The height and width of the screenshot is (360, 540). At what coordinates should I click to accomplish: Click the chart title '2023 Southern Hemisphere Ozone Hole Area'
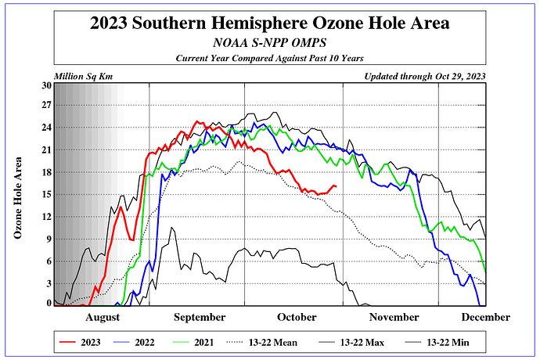(x=269, y=23)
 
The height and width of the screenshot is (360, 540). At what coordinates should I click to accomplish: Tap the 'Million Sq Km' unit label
(x=81, y=76)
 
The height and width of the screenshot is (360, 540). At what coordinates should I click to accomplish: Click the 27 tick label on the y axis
(x=45, y=105)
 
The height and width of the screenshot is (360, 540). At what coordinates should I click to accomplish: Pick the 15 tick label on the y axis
(x=45, y=194)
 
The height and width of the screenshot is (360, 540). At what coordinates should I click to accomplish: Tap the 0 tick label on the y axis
(x=49, y=304)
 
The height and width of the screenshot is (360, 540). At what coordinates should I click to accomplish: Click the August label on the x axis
(x=102, y=317)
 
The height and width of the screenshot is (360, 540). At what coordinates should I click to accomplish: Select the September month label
(x=199, y=317)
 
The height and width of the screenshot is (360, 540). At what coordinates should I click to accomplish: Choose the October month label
(x=295, y=317)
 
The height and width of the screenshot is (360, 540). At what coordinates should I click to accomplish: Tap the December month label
(x=485, y=317)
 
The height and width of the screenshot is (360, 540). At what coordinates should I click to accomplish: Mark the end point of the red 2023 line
(x=336, y=186)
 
